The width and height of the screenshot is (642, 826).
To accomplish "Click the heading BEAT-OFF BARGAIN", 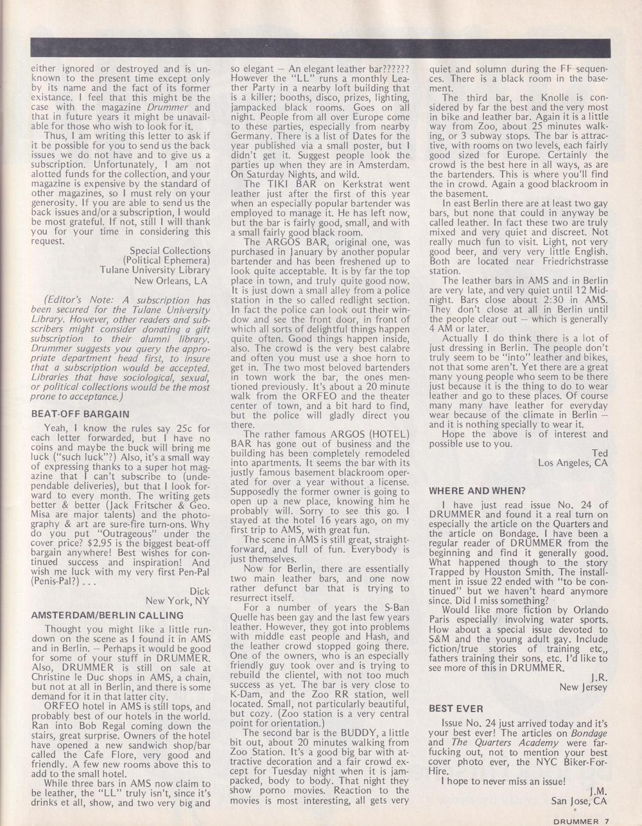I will point(80,414).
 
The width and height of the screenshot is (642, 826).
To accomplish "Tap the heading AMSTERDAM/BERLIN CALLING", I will point(98,615).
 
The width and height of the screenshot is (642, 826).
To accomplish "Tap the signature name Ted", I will point(600,453).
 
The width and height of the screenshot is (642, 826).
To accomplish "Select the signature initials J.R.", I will point(598,677).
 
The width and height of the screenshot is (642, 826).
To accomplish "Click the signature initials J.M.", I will point(598,791).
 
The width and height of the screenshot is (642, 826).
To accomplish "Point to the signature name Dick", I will point(200,590).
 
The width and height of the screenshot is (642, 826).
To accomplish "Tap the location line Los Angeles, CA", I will point(573,462).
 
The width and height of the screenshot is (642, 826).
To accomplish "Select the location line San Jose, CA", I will point(578,801).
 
